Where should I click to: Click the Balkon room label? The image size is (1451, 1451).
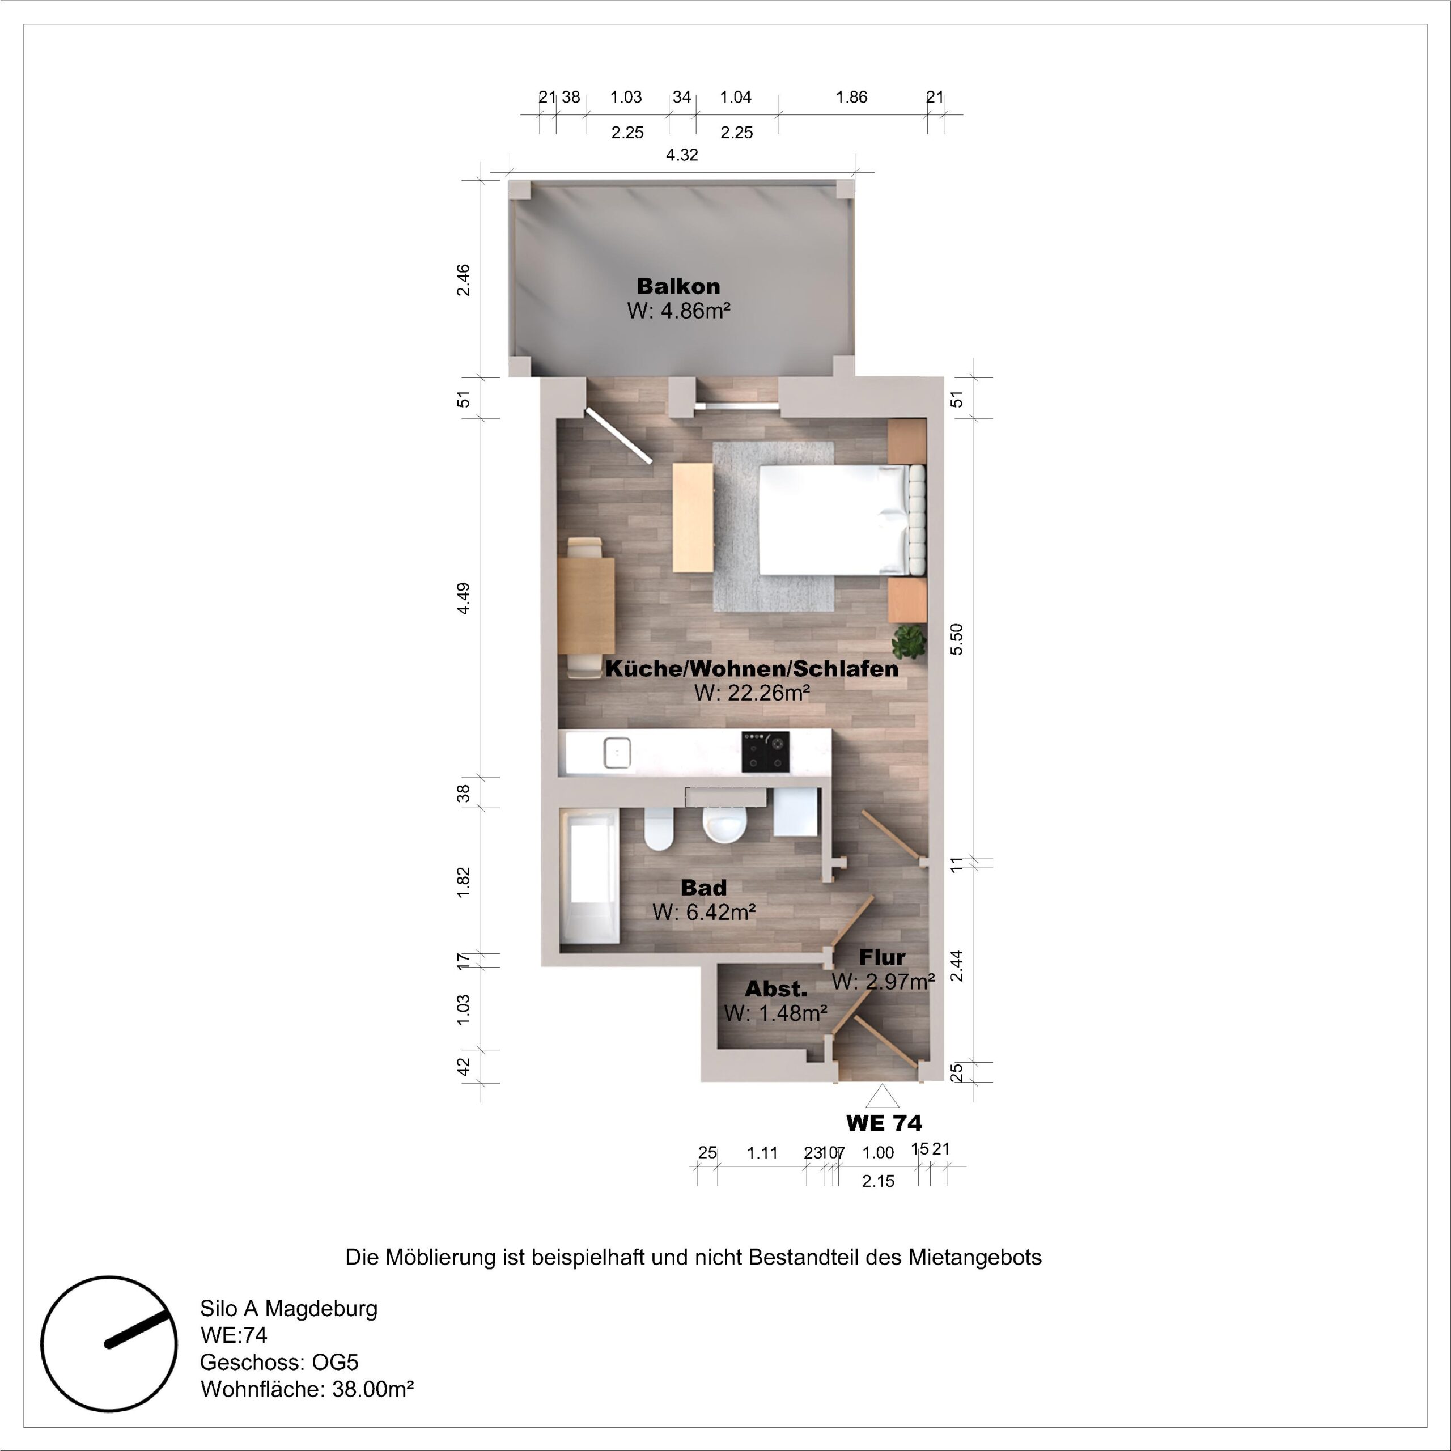tap(678, 286)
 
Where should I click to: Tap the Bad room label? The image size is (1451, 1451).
tap(704, 888)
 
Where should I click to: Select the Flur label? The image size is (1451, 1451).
tap(883, 957)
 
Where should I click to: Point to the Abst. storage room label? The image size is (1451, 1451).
tap(777, 989)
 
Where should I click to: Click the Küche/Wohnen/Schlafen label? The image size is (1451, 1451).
tap(752, 669)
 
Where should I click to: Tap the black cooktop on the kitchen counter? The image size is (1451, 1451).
tap(765, 752)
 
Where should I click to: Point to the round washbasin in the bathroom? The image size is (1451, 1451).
tap(724, 825)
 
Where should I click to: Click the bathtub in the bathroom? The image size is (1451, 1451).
tap(590, 876)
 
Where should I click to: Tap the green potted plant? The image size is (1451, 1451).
tap(909, 643)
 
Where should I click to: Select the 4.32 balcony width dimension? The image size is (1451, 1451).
tap(682, 155)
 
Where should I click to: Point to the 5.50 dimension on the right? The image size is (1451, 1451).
tap(956, 640)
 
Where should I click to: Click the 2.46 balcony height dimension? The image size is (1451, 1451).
tap(464, 279)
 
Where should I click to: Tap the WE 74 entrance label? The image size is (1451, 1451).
tap(884, 1123)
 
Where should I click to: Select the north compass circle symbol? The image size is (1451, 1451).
tap(109, 1344)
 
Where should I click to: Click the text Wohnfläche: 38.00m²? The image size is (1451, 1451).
tap(307, 1389)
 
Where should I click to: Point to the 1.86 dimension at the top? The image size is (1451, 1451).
tap(852, 97)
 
